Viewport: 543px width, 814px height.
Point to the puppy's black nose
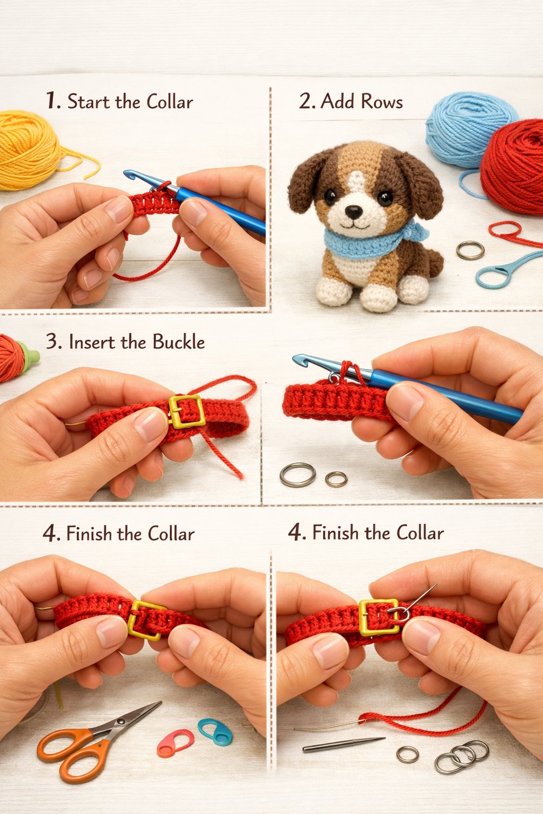pyautogui.click(x=353, y=212)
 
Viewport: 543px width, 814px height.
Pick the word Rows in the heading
pyautogui.click(x=382, y=101)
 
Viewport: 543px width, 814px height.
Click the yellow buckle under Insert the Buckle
pyautogui.click(x=187, y=411)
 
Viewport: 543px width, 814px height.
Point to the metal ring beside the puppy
pyautogui.click(x=470, y=250)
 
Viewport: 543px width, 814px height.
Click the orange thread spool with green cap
pyautogui.click(x=16, y=357)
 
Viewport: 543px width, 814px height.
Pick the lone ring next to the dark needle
pyautogui.click(x=407, y=754)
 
